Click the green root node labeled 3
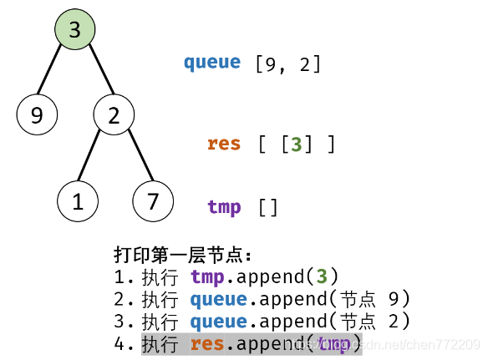click(75, 30)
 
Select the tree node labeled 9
click(37, 115)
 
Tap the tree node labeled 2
click(114, 115)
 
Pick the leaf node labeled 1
click(78, 201)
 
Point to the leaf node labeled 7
click(153, 201)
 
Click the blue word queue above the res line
click(212, 62)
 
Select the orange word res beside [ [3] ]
click(224, 144)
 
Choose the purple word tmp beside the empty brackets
click(224, 206)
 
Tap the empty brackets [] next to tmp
click(268, 206)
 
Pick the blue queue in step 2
click(219, 299)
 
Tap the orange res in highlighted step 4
click(207, 344)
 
